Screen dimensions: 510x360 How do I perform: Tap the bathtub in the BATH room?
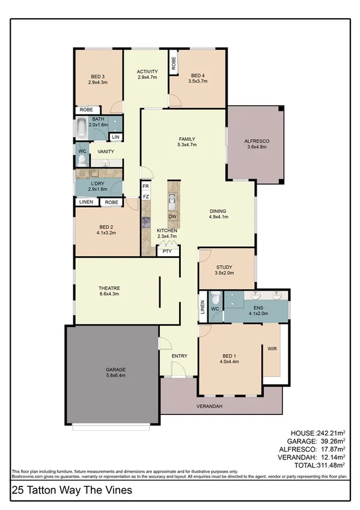pos(81,129)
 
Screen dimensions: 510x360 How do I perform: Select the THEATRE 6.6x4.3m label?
pos(109,292)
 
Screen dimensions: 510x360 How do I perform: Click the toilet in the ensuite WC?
pos(215,300)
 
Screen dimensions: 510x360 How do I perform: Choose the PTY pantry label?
pos(167,252)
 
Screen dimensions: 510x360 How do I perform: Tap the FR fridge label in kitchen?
pos(145,187)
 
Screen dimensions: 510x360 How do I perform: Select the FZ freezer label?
pos(145,196)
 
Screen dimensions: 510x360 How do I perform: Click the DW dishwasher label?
pos(172,216)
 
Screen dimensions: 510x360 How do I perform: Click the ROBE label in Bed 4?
pos(174,65)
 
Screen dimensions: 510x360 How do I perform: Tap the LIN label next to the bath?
pos(115,138)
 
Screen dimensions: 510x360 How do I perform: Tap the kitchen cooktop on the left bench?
pos(145,222)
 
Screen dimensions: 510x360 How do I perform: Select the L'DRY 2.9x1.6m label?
pos(98,186)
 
